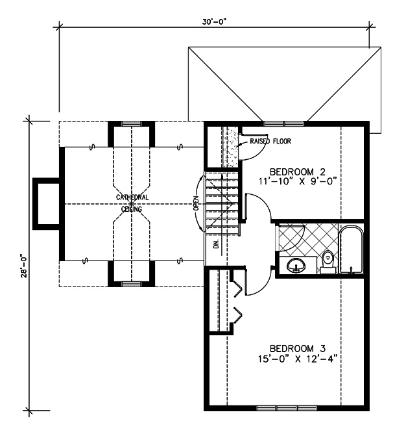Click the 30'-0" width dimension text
click(214, 22)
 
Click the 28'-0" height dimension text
click(24, 266)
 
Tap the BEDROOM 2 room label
click(298, 172)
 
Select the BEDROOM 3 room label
click(298, 348)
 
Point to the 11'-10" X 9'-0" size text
click(298, 181)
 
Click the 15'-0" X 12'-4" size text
click(298, 359)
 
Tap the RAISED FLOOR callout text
click(270, 141)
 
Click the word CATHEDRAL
click(132, 198)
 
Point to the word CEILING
click(132, 209)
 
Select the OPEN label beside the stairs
click(196, 203)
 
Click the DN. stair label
click(217, 243)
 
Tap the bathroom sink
click(296, 265)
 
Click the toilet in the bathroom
click(328, 262)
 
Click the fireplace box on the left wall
click(46, 204)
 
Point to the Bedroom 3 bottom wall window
click(287, 408)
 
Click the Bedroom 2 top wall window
click(283, 123)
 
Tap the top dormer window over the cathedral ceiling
click(131, 123)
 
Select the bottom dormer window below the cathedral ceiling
click(131, 284)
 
